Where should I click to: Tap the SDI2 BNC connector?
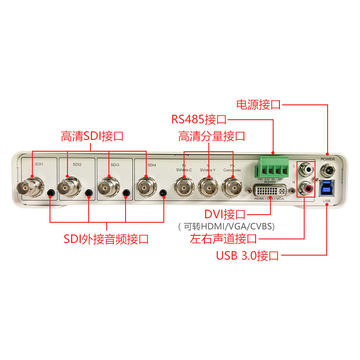(x=69, y=186)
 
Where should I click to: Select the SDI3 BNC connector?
(x=108, y=186)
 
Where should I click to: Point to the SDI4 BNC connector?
(x=146, y=186)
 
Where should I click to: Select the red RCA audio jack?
(x=308, y=187)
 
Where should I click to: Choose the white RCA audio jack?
(x=308, y=169)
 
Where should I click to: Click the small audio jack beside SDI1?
(x=50, y=193)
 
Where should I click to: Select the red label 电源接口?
(x=258, y=105)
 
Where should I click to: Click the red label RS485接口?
(x=198, y=120)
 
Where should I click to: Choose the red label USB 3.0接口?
(x=247, y=256)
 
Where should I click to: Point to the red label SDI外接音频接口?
(x=106, y=239)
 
